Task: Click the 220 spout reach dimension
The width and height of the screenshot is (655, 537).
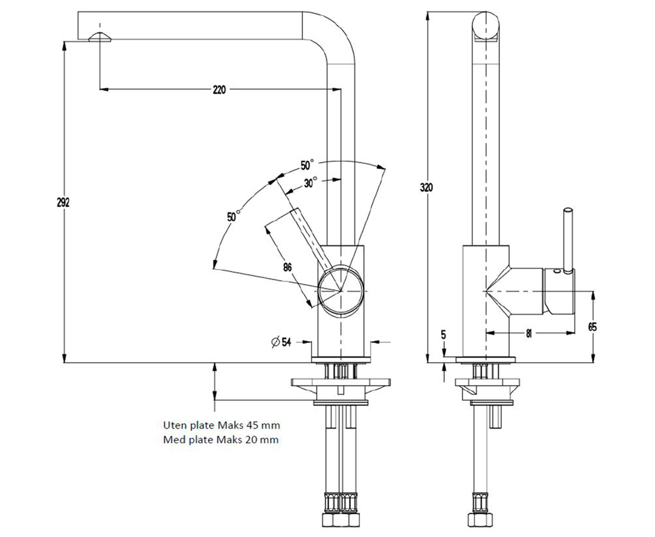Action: tap(219, 90)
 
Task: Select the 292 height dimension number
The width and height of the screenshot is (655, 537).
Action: tap(63, 203)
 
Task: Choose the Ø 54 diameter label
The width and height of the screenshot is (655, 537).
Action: tap(282, 342)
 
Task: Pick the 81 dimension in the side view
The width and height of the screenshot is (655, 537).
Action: tap(529, 333)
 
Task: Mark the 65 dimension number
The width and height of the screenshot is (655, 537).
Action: tap(592, 327)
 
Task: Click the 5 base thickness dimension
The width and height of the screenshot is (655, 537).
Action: tap(443, 335)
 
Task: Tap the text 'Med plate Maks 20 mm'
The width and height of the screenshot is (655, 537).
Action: tap(221, 440)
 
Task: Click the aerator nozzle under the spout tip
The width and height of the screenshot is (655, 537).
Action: tap(100, 37)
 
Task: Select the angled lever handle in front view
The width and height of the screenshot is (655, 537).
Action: tap(311, 238)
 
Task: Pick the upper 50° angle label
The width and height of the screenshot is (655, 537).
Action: tap(307, 165)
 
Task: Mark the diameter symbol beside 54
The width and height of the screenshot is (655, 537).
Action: tap(275, 342)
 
